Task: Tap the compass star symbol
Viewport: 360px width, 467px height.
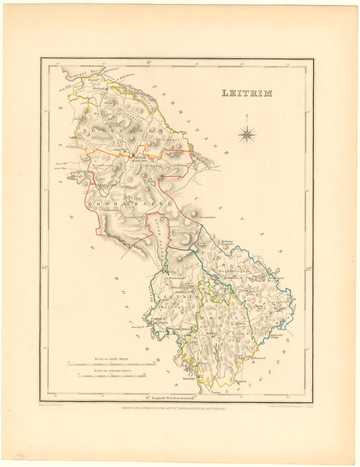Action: click(x=247, y=134)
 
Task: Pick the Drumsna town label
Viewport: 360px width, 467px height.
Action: click(x=183, y=329)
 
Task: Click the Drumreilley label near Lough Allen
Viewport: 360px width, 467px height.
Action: click(x=182, y=233)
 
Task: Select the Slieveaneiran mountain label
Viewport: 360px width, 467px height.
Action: click(x=207, y=217)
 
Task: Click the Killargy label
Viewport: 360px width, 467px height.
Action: click(x=131, y=188)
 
